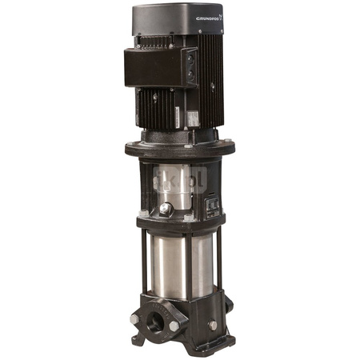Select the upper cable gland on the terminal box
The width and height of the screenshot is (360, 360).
point(190,58)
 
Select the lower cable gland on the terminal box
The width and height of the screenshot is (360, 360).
point(190,77)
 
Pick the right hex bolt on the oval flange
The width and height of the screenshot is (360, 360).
point(174,326)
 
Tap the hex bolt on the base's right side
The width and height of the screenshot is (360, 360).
point(212,324)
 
